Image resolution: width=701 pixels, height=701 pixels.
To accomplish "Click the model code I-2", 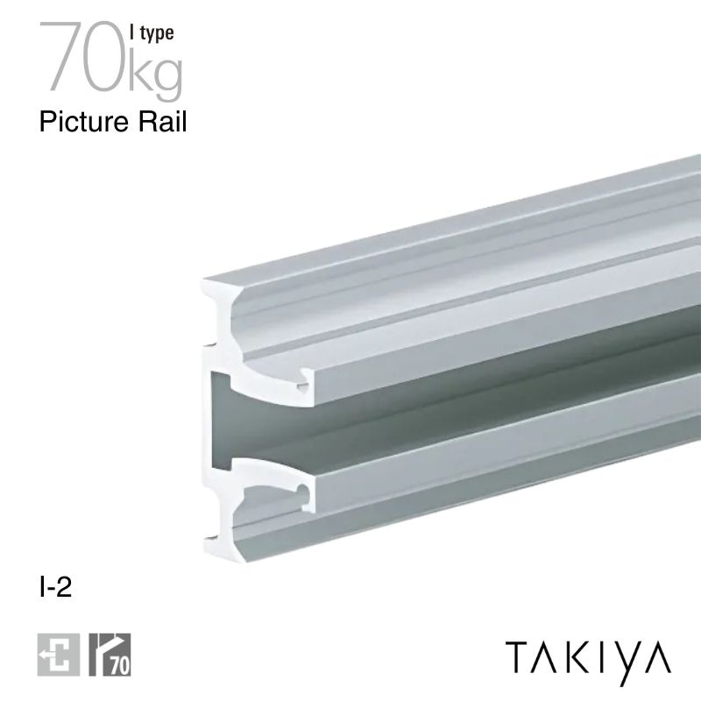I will coord(54,587).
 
